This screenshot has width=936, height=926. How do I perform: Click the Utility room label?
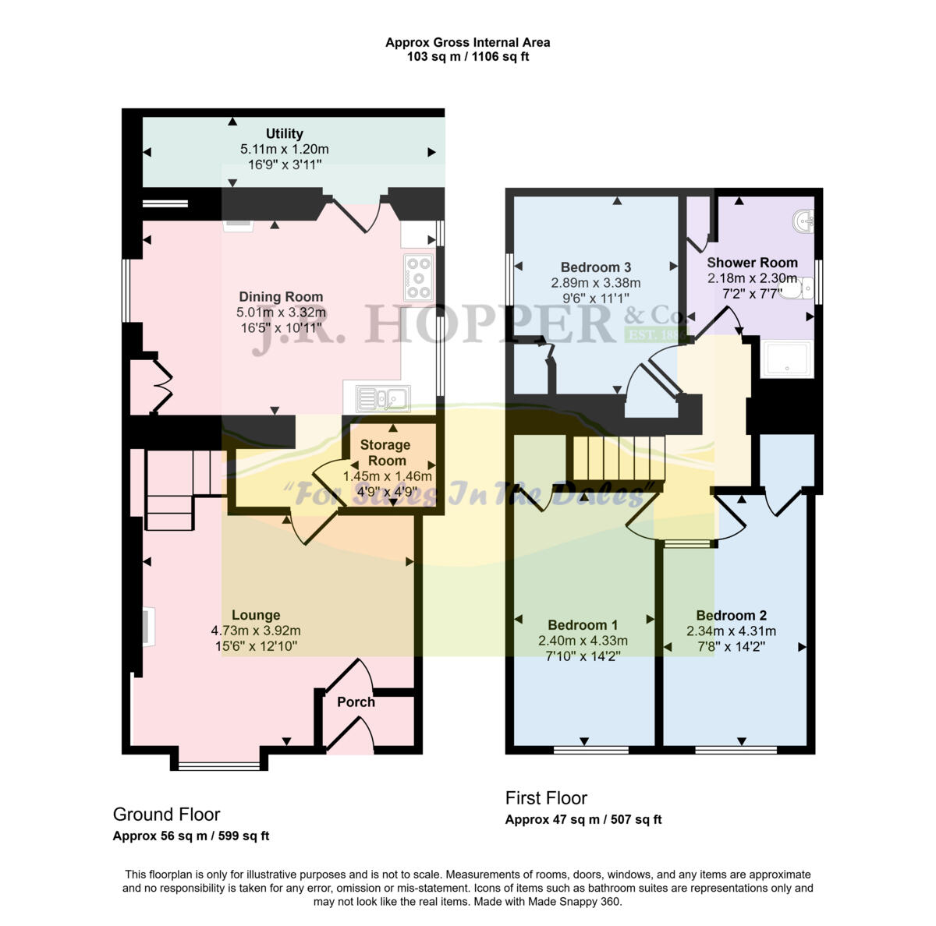[284, 134]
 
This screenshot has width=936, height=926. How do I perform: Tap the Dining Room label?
[281, 297]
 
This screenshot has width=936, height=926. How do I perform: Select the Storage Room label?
[385, 453]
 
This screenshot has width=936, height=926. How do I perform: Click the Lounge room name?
[256, 616]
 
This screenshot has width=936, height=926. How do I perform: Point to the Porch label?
[356, 702]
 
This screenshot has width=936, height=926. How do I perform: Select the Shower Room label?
[752, 263]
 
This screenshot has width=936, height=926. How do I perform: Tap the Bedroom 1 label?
[583, 625]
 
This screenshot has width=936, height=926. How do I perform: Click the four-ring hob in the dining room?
[419, 277]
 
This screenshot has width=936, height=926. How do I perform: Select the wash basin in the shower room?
[803, 222]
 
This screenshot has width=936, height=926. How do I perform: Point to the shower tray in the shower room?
[786, 359]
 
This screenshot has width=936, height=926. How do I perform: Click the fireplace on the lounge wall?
[148, 627]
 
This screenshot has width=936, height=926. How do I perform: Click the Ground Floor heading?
[166, 815]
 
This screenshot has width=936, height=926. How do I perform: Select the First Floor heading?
[546, 798]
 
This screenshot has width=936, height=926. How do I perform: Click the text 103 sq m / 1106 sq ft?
[467, 57]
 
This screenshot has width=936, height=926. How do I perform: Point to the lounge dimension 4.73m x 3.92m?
[256, 631]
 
